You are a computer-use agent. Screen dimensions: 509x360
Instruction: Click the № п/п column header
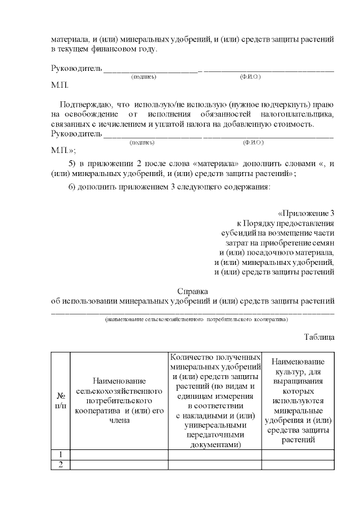60,400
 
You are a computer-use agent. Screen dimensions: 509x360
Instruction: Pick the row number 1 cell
60,454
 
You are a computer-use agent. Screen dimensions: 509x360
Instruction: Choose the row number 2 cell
60,464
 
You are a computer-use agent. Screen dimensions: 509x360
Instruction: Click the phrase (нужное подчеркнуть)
265,105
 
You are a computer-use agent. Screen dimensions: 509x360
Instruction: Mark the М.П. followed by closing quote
63,151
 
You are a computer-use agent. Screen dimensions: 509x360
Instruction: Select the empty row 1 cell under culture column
298,454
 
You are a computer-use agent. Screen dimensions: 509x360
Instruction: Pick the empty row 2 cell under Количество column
214,464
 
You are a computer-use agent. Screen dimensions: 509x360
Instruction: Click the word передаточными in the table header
215,435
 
